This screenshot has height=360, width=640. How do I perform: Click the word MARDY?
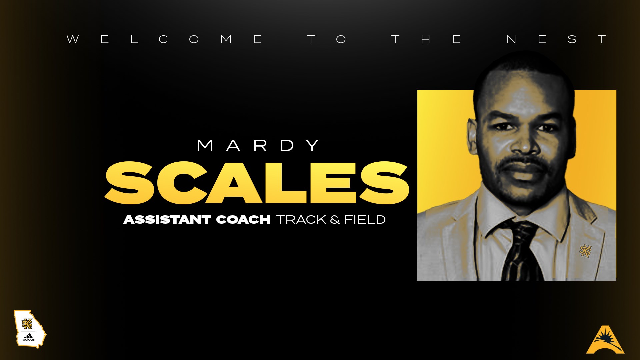[x=258, y=146]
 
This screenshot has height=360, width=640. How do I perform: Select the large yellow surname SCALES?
[x=257, y=183]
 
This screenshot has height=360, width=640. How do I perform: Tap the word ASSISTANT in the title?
[x=167, y=220]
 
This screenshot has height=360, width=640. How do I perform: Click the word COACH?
[x=243, y=220]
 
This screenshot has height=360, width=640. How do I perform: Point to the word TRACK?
[x=301, y=220]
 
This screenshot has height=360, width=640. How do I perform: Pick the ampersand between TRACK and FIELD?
[x=335, y=220]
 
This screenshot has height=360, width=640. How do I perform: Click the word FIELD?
[x=365, y=220]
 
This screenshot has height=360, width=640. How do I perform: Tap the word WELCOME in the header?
[x=165, y=39]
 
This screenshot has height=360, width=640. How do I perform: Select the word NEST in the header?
[x=556, y=39]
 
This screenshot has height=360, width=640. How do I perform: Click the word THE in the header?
[x=426, y=39]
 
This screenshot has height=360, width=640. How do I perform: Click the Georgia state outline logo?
[x=30, y=329]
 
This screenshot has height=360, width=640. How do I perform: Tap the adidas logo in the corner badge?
[x=29, y=338]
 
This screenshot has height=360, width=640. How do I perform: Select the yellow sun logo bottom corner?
[x=605, y=340]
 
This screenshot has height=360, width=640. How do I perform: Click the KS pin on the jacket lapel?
[x=585, y=251]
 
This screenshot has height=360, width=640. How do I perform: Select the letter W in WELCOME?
[x=73, y=39]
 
